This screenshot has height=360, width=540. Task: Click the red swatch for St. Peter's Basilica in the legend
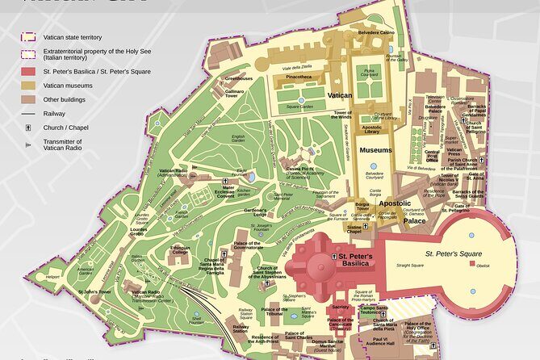tap(29, 70)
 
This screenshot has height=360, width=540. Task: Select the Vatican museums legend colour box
tap(29, 84)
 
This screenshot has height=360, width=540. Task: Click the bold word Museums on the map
tap(376, 150)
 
